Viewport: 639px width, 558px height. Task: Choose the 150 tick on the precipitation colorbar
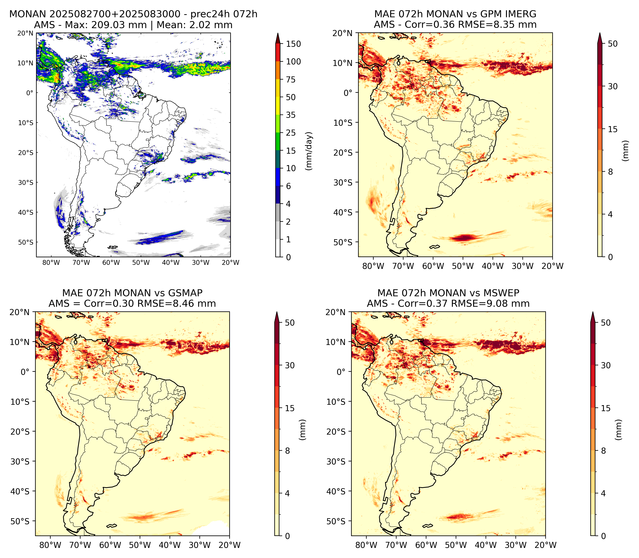[x=294, y=44]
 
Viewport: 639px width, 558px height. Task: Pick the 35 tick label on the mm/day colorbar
[x=291, y=115]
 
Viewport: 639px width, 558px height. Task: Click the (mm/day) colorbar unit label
[x=309, y=151]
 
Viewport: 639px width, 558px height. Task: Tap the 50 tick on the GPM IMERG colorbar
[x=613, y=44]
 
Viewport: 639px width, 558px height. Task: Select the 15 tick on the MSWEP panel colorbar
[x=605, y=408]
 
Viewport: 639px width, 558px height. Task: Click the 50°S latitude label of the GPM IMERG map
[x=343, y=242]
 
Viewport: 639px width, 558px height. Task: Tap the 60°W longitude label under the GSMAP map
[x=110, y=545]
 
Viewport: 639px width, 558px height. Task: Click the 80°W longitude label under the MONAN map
[x=51, y=263]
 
